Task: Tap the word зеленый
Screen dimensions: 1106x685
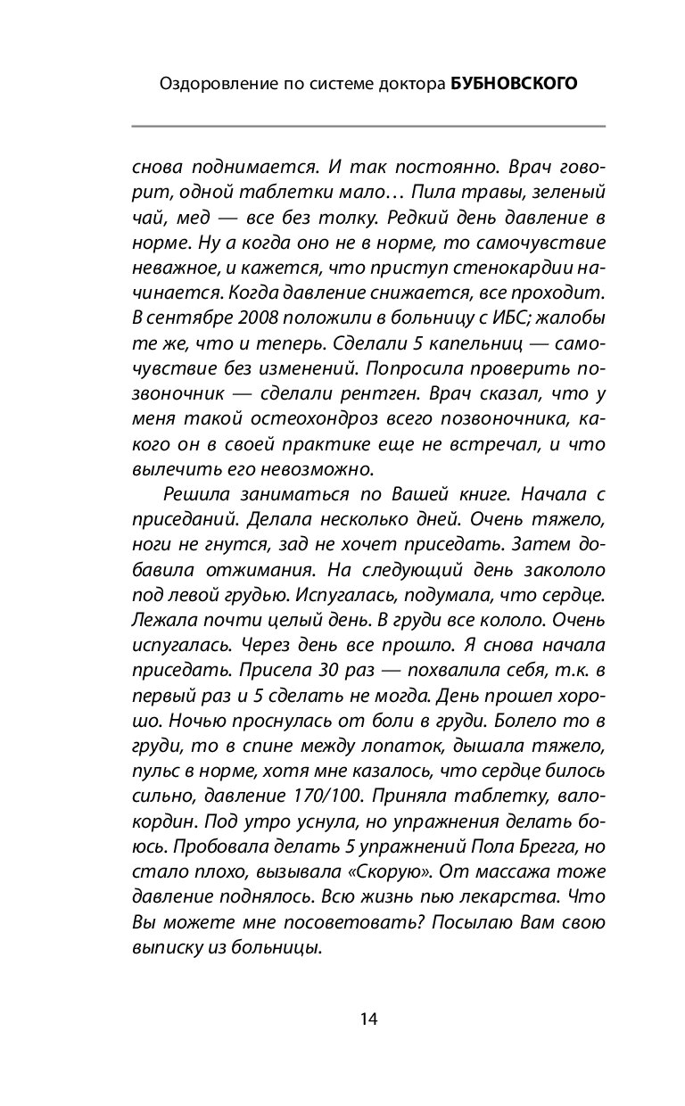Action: click(x=570, y=191)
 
